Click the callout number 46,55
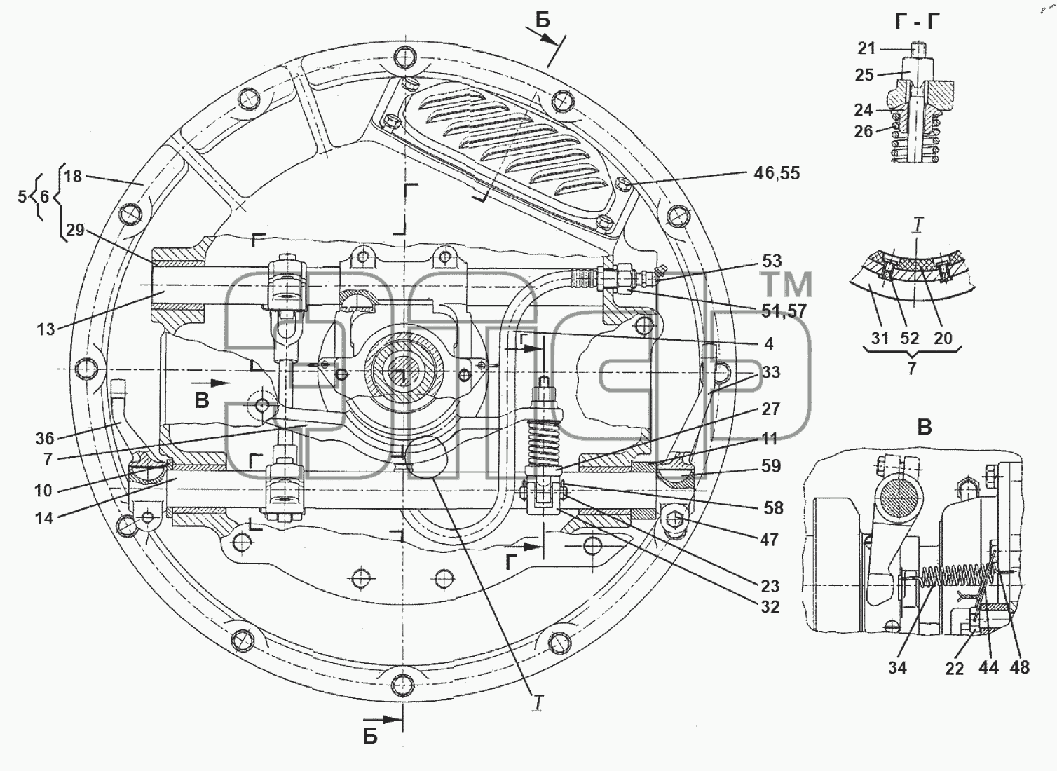tap(776, 174)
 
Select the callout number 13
tap(46, 329)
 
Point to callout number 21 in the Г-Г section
tap(866, 48)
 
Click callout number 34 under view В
tap(897, 668)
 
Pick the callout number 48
tap(1019, 668)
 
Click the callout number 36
tap(46, 439)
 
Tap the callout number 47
tap(769, 540)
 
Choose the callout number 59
tap(771, 466)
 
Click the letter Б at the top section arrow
tap(543, 21)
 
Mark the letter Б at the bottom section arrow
tap(370, 737)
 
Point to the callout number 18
tap(73, 177)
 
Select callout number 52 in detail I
tap(910, 339)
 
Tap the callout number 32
tap(770, 607)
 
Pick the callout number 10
tap(43, 491)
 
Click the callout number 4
tap(769, 343)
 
